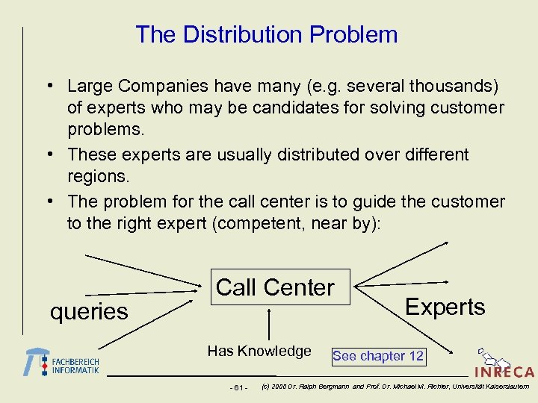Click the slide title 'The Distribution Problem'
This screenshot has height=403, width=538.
[x=266, y=34]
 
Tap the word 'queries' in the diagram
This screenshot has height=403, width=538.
[x=89, y=311]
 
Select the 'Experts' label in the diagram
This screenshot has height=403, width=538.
[x=445, y=307]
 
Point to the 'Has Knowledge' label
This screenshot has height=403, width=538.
[x=259, y=351]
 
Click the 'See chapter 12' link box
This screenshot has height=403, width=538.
[x=378, y=356]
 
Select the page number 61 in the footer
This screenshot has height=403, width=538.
[x=240, y=387]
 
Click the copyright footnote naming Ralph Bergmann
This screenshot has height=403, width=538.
[x=394, y=387]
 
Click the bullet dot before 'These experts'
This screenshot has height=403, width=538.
[x=55, y=155]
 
